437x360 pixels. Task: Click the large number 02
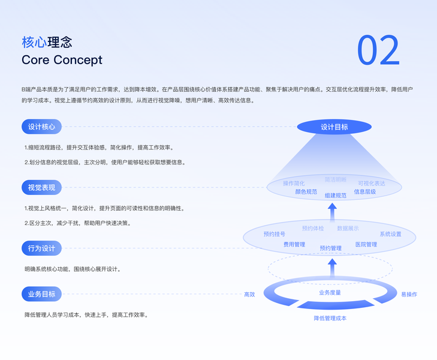378,50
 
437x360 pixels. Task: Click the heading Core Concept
62,60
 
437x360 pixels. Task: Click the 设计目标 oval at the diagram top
334,127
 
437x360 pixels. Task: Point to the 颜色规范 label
306,192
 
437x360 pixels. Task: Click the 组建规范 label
335,196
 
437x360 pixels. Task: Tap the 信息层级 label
364,192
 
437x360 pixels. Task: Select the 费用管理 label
294,245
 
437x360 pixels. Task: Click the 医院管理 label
366,245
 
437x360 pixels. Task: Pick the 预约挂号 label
274,234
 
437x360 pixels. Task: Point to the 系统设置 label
390,234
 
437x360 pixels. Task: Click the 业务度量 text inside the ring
330,292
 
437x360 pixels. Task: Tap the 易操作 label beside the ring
409,294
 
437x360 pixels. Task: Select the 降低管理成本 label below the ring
330,318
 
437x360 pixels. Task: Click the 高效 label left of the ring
249,294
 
